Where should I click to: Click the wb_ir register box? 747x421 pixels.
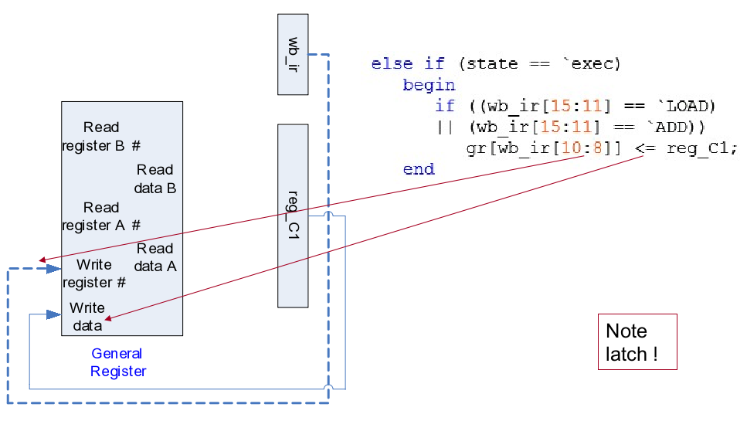293,54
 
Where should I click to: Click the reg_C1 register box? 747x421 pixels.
293,216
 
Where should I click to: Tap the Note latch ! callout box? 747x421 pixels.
637,342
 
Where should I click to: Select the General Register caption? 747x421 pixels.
117,362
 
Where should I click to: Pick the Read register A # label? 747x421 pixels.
101,216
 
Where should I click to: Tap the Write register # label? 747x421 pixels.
94,273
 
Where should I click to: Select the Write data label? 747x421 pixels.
87,317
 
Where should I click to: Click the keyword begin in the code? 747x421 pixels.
429,85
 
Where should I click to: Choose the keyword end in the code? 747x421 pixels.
419,168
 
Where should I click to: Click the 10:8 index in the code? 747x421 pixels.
593,148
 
